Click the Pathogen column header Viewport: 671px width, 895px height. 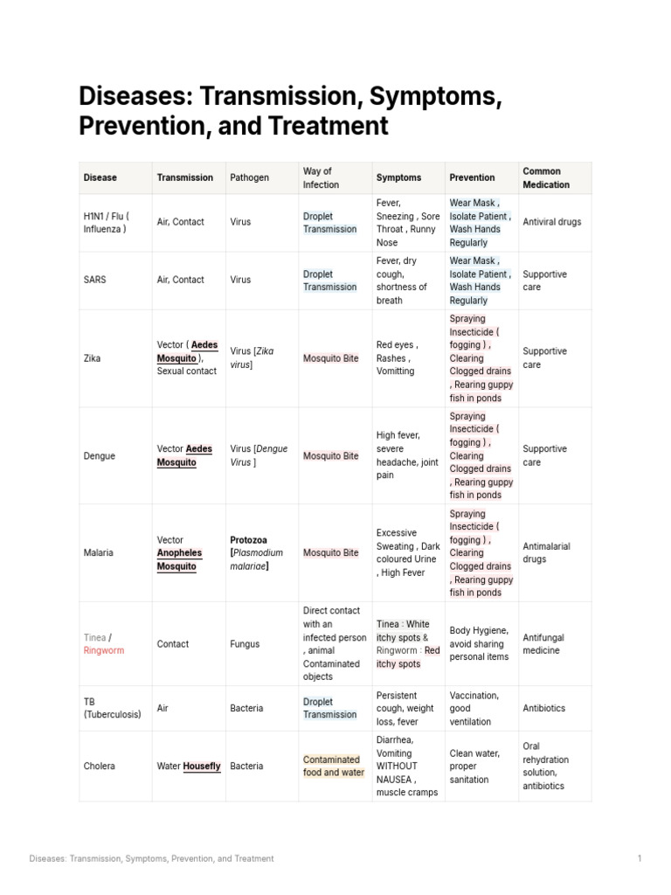click(249, 177)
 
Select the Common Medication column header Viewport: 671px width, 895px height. click(545, 177)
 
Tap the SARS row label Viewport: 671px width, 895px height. click(95, 280)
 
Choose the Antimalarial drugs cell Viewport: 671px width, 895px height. click(546, 552)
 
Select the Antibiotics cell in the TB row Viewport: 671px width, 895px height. click(543, 708)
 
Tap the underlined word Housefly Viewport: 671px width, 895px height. click(201, 767)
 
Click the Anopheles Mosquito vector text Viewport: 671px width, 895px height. click(179, 559)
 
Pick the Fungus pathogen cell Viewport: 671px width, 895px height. click(245, 644)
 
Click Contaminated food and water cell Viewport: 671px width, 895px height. click(333, 766)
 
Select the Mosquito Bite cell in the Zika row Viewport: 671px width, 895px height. click(330, 358)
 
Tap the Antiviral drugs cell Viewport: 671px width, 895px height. click(551, 222)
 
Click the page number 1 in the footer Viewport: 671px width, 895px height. click(639, 858)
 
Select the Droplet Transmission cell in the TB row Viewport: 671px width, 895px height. click(329, 708)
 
